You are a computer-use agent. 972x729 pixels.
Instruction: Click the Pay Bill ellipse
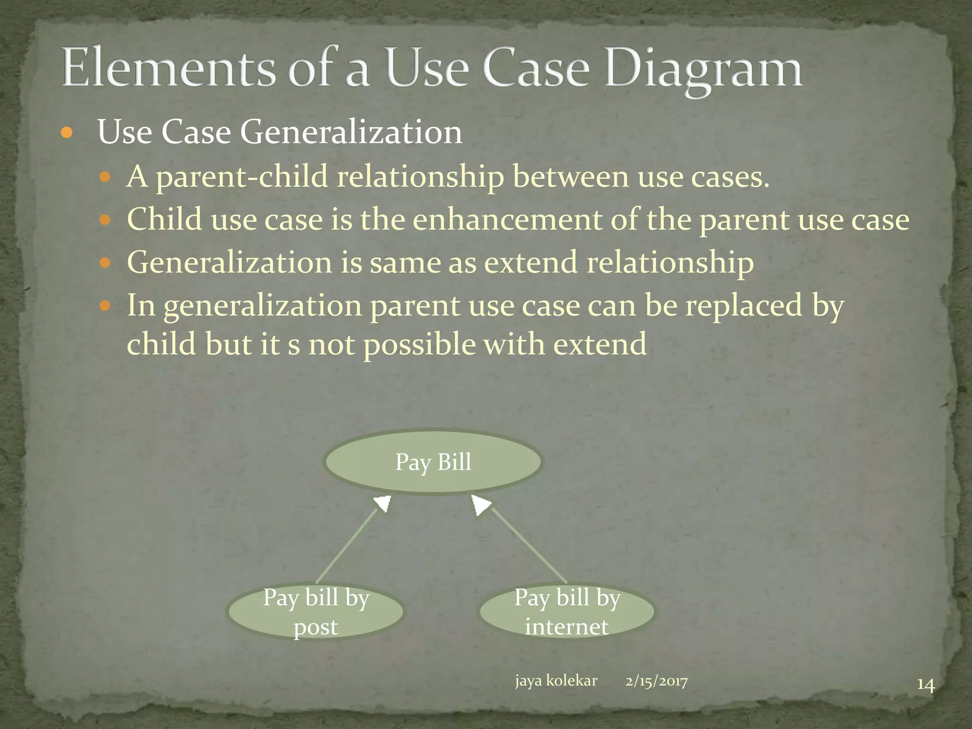click(433, 462)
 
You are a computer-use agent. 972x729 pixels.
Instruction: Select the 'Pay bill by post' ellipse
click(316, 611)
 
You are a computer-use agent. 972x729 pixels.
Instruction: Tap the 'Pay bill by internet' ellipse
click(567, 611)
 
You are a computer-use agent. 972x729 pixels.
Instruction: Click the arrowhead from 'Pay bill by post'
click(383, 503)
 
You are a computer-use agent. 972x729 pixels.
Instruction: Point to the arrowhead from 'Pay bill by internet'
click(480, 504)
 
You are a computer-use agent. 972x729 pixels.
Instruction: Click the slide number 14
click(925, 685)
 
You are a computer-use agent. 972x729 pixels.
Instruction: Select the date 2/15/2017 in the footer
click(656, 681)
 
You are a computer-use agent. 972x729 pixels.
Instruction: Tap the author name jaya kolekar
click(556, 681)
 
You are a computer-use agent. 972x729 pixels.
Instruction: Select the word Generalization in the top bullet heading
click(351, 131)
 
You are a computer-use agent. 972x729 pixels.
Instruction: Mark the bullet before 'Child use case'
click(105, 220)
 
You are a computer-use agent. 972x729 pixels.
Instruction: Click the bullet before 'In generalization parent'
click(105, 306)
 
